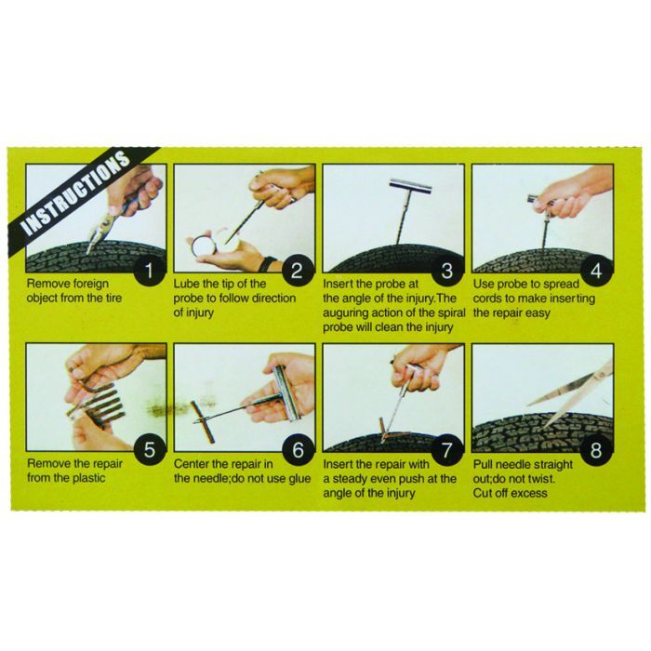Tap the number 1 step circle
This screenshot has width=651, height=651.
pos(148,272)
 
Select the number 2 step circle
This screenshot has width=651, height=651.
pos(297,272)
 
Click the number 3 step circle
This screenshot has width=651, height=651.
pos(445,272)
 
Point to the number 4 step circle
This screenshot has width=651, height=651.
pos(594,272)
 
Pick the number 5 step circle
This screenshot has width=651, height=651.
pos(148,451)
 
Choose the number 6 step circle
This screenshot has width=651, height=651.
pos(297,451)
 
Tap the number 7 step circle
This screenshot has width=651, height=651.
pos(445,451)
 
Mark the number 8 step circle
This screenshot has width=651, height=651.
pos(594,451)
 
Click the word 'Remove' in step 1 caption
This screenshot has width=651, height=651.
pos(48,283)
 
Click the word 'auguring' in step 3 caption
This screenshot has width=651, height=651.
pos(347,312)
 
